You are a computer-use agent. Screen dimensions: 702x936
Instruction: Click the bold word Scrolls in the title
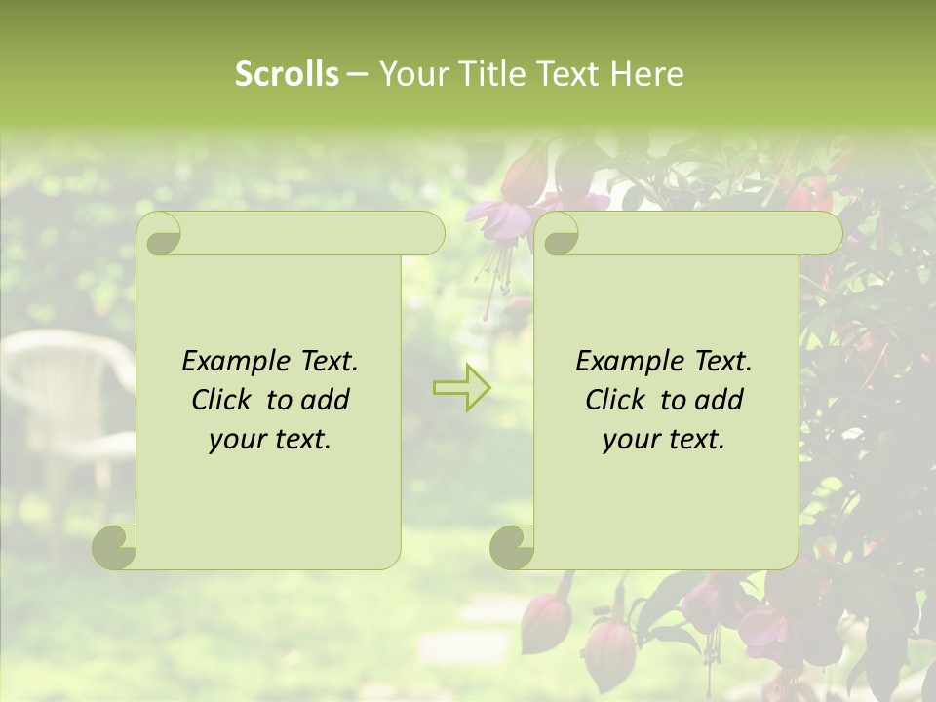click(x=287, y=74)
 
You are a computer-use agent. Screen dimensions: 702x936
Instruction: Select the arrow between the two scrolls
click(x=461, y=387)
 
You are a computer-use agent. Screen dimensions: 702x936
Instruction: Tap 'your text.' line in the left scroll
click(x=269, y=440)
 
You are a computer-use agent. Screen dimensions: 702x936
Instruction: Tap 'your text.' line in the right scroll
click(x=663, y=440)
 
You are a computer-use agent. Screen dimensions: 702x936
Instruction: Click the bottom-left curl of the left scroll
click(x=115, y=548)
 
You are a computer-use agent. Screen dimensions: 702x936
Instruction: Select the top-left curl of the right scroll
click(x=557, y=234)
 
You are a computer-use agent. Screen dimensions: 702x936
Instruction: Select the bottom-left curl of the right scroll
click(x=511, y=548)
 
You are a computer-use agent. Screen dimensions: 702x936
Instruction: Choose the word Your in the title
click(x=410, y=74)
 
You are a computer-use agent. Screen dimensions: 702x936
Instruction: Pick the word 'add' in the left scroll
click(x=326, y=401)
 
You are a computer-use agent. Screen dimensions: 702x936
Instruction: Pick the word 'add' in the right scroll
click(x=720, y=401)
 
